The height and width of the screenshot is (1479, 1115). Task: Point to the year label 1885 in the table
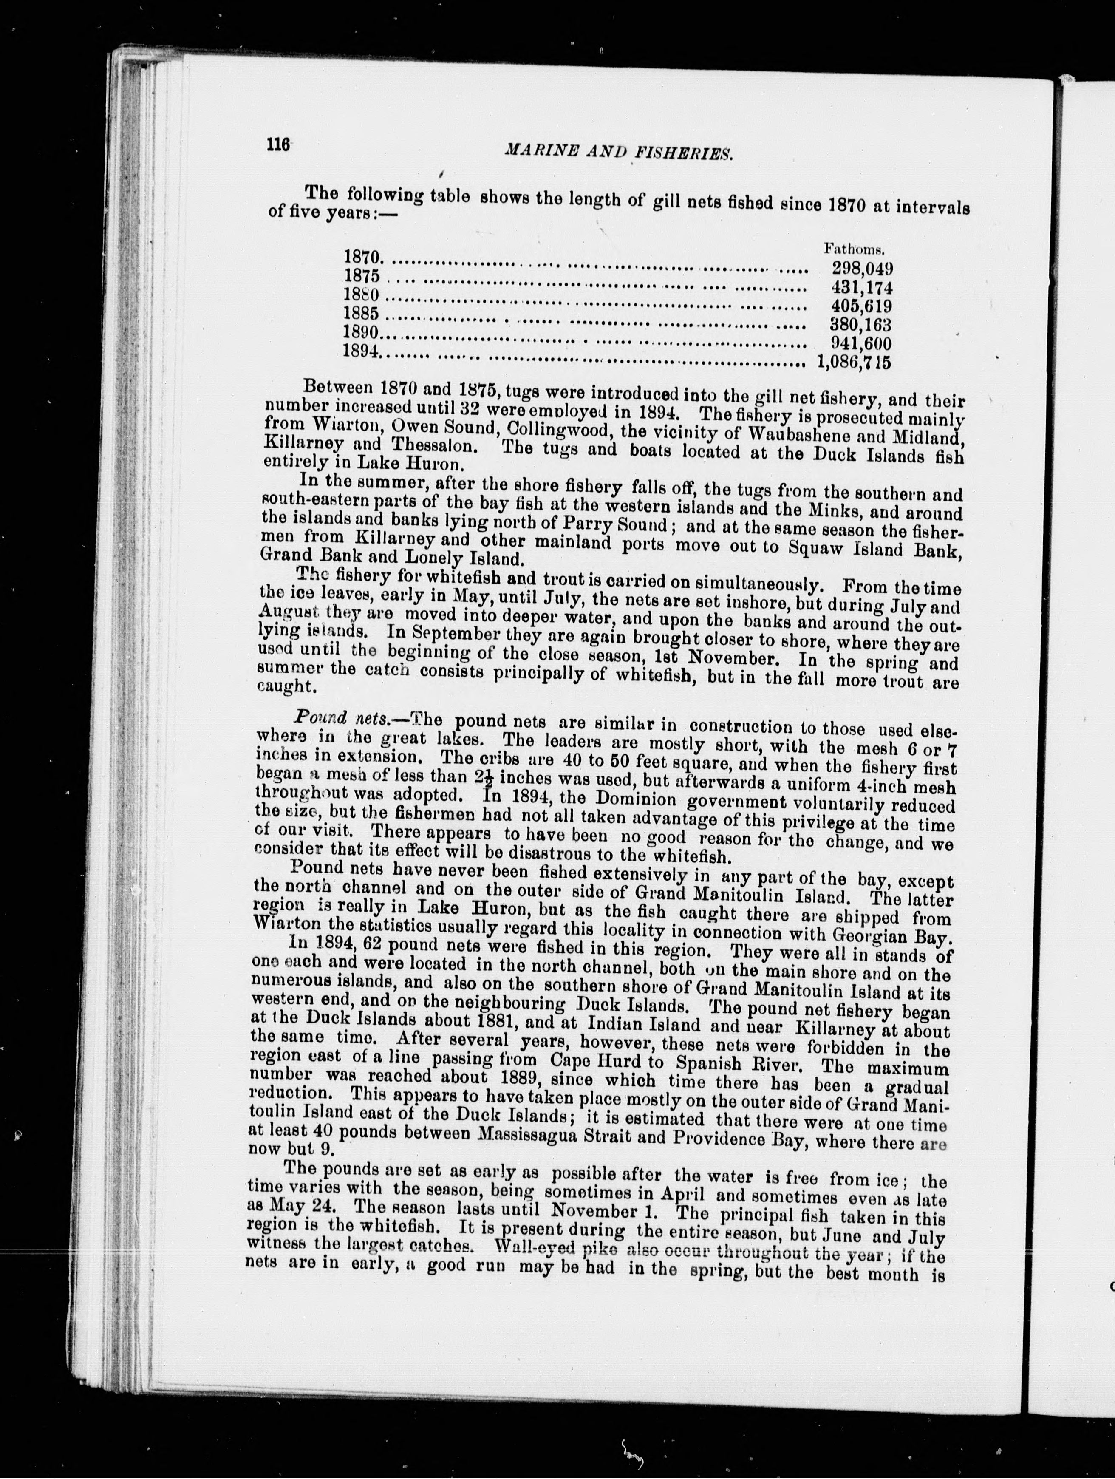[362, 313]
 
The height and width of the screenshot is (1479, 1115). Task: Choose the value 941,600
[860, 344]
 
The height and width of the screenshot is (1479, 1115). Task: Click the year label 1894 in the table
[360, 350]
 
